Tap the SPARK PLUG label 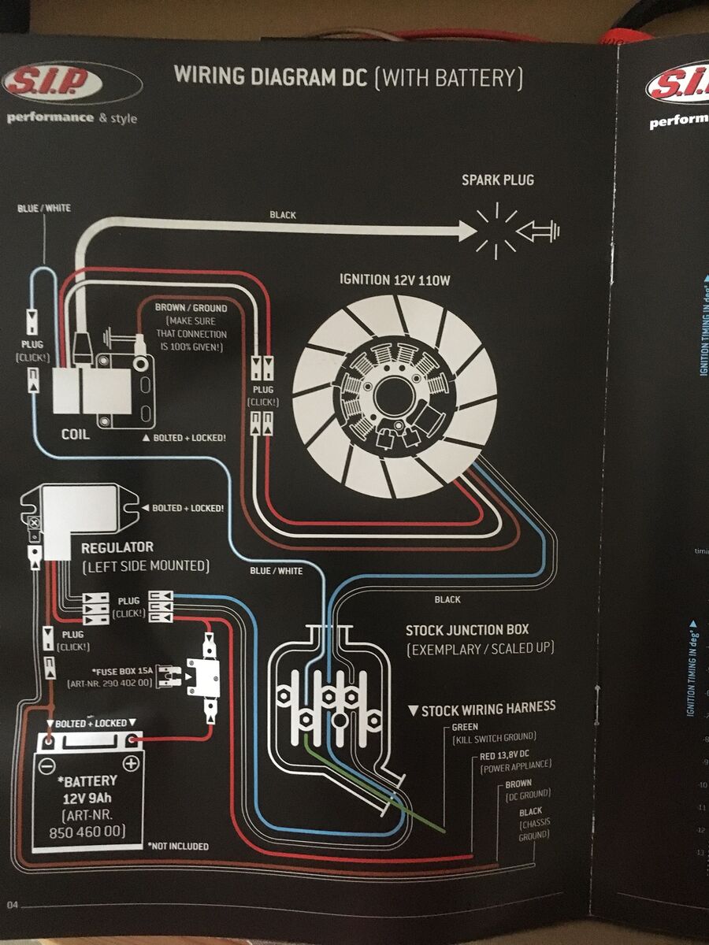[497, 180]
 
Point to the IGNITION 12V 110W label [395, 280]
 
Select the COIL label [76, 435]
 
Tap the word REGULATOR [117, 547]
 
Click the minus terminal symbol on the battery [48, 763]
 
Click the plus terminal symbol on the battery [131, 763]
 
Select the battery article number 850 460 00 [87, 832]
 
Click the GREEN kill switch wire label [466, 728]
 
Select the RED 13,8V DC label [515, 756]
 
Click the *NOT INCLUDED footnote [178, 846]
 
